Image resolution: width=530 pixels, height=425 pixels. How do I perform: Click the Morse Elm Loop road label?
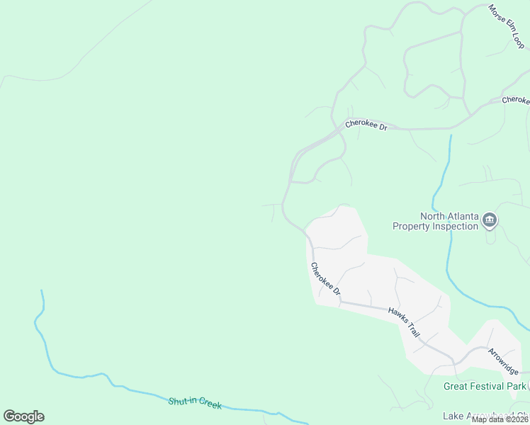pyautogui.click(x=507, y=26)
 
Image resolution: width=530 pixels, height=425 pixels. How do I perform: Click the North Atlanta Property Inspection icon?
pyautogui.click(x=489, y=222)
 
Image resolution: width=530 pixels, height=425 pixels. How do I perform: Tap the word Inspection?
pyautogui.click(x=454, y=227)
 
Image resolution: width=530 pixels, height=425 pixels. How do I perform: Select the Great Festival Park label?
pyautogui.click(x=485, y=386)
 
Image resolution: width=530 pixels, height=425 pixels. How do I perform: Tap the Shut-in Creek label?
pyautogui.click(x=195, y=402)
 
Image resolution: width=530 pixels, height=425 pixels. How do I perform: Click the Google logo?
pyautogui.click(x=23, y=416)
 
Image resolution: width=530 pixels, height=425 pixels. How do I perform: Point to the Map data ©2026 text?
pyautogui.click(x=499, y=419)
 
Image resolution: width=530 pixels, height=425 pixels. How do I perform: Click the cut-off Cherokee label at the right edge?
pyautogui.click(x=516, y=101)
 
